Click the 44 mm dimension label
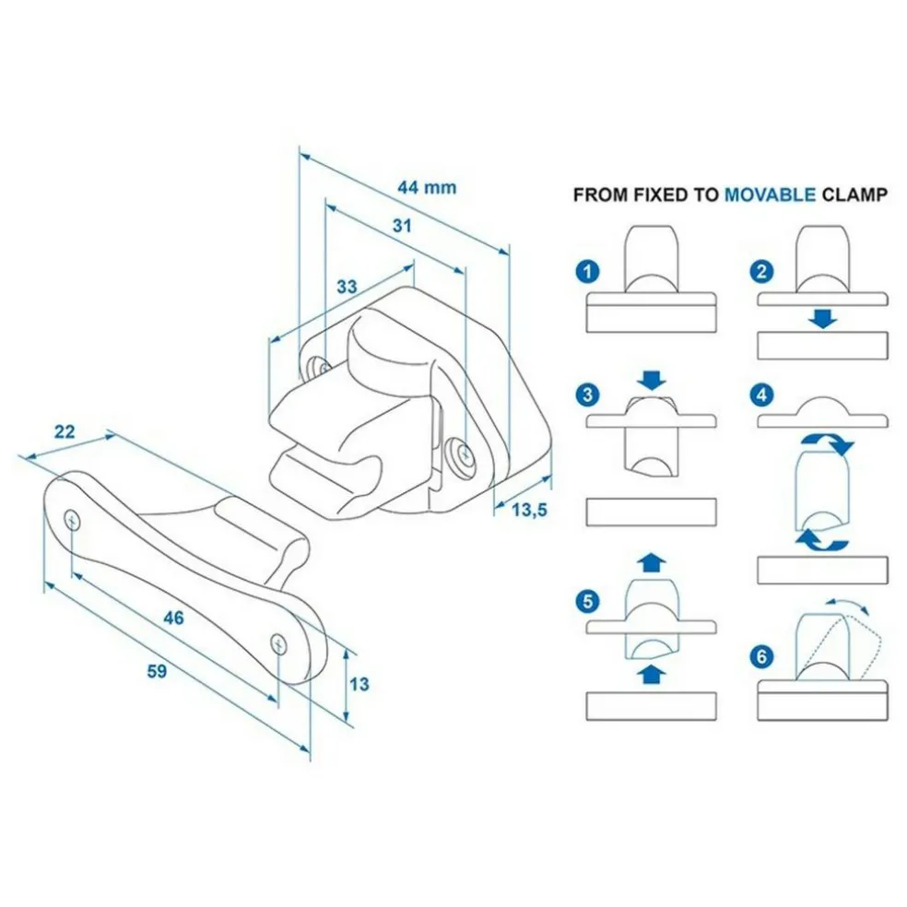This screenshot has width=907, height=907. (x=427, y=187)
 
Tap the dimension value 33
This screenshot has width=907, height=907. (x=346, y=287)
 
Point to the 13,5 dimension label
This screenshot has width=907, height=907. (x=529, y=508)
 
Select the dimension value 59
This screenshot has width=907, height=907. (x=157, y=672)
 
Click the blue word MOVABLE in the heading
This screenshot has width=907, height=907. (x=770, y=195)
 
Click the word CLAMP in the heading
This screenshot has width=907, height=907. (x=854, y=195)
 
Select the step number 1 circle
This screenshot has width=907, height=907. (x=586, y=272)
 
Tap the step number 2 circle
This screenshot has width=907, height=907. (x=761, y=272)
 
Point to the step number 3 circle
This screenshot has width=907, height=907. (x=586, y=395)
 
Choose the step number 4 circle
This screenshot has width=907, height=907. (x=761, y=395)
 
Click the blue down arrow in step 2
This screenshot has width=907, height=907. (x=822, y=319)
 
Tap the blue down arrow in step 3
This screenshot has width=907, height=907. (x=652, y=379)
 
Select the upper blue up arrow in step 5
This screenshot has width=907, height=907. (x=652, y=560)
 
